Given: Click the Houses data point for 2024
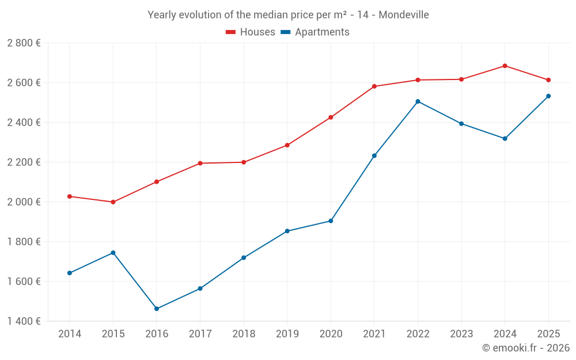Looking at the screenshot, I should (x=505, y=66).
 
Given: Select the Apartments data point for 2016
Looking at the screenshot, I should (x=157, y=309).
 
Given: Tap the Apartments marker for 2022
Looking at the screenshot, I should (x=418, y=101).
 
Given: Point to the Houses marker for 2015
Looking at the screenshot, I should (x=113, y=202).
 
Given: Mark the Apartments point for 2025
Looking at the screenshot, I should (x=548, y=96).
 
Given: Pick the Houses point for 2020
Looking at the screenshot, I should (x=331, y=118).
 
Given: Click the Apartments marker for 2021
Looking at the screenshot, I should (x=374, y=156).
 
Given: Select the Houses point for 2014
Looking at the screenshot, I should (x=70, y=196).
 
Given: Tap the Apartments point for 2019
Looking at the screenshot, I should (x=287, y=231).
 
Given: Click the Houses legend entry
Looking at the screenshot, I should (x=251, y=32).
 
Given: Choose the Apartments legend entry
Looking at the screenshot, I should (x=315, y=32).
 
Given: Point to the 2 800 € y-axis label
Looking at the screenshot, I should (x=24, y=43).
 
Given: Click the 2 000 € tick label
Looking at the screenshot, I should (x=24, y=202).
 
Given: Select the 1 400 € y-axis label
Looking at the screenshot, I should (x=24, y=321).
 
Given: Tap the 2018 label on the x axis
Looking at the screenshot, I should (x=244, y=334).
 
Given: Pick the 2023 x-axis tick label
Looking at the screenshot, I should (x=461, y=334).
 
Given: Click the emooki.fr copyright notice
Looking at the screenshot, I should (x=526, y=348).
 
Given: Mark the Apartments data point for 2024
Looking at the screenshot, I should (x=505, y=139).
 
